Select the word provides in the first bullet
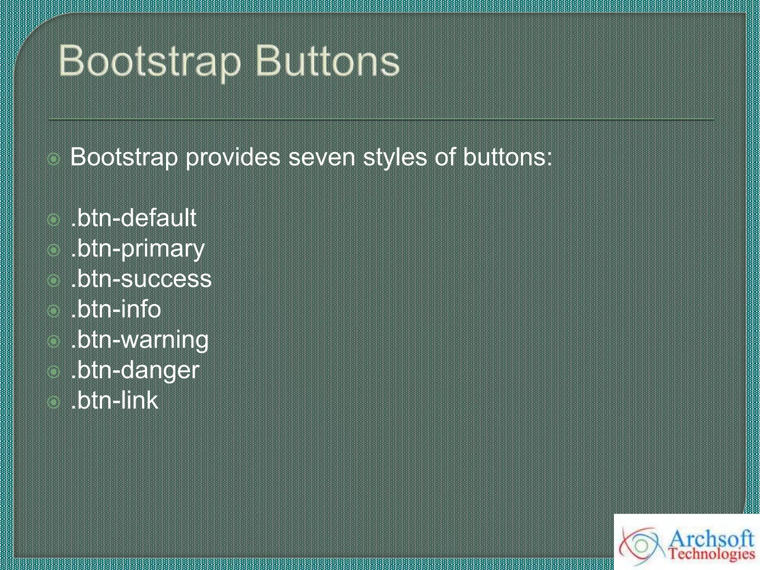coord(233,157)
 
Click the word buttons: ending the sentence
coord(507,157)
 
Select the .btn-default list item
coord(133,218)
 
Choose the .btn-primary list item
coord(137,249)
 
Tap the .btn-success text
coord(141,279)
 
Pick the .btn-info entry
coord(116,309)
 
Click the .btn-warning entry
coord(140,340)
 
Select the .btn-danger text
coord(135,370)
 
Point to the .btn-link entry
coord(114,401)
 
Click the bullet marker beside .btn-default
coord(54,220)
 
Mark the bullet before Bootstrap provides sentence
coord(54,159)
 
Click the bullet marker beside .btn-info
coord(54,311)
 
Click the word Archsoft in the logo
coord(711,539)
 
